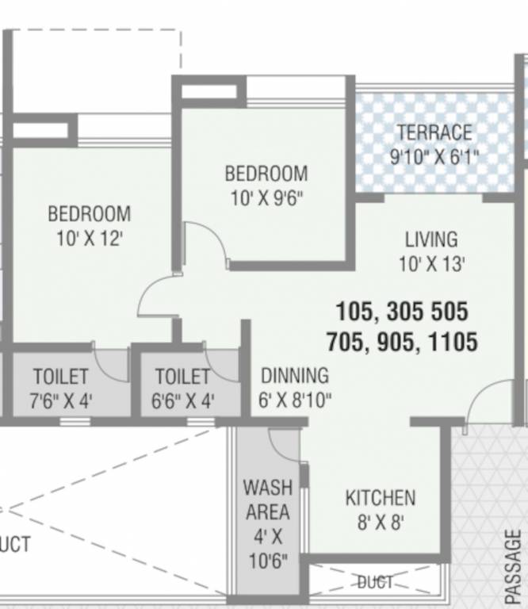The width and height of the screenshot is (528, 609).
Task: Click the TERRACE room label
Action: click(x=434, y=132)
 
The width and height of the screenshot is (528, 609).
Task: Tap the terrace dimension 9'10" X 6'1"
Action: click(x=434, y=157)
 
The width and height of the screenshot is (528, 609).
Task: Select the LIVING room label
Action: click(x=431, y=239)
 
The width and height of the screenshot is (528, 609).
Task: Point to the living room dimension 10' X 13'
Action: click(x=431, y=263)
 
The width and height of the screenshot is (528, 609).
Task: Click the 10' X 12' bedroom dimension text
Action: click(x=89, y=239)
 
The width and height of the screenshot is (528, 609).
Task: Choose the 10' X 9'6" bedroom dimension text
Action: click(x=266, y=198)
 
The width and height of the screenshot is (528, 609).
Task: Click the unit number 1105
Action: click(x=453, y=343)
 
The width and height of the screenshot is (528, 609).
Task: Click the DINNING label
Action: click(x=294, y=375)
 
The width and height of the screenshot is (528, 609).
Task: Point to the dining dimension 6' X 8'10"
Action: click(x=294, y=400)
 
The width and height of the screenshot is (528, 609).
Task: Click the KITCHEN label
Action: click(x=380, y=498)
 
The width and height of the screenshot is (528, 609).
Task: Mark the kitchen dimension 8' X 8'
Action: click(x=380, y=523)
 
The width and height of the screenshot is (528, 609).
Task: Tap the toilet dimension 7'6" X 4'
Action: click(x=61, y=400)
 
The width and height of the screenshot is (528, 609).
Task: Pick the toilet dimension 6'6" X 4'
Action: click(x=182, y=400)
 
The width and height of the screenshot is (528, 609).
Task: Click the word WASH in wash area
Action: click(x=267, y=486)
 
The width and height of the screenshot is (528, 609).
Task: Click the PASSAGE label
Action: click(x=513, y=567)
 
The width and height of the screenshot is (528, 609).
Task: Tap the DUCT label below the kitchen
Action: click(x=374, y=583)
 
